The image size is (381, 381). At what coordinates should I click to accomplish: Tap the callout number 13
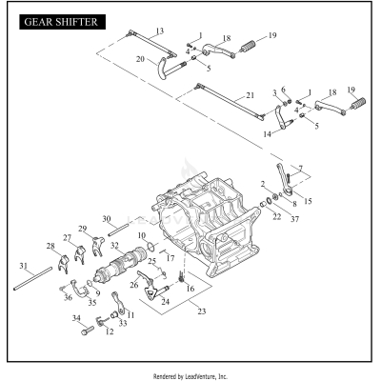pyautogui.click(x=159, y=31)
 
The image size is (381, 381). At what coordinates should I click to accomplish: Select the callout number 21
pyautogui.click(x=250, y=95)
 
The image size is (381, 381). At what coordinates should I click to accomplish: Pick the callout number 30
pyautogui.click(x=107, y=218)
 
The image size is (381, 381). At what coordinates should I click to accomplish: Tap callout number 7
pyautogui.click(x=303, y=168)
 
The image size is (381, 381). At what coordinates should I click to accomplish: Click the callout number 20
pyautogui.click(x=140, y=59)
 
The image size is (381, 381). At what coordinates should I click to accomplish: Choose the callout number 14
pyautogui.click(x=268, y=135)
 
